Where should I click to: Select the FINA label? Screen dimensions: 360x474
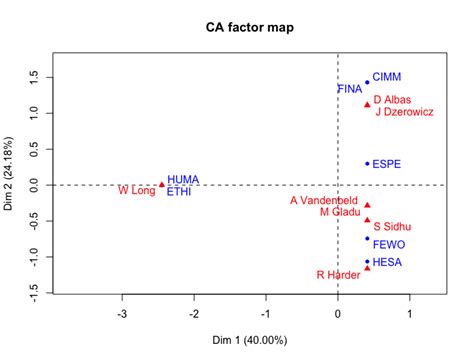[349, 89]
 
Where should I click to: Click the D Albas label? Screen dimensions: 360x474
[391, 100]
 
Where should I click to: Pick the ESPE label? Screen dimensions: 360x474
[388, 163]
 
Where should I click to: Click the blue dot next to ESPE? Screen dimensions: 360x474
[367, 163]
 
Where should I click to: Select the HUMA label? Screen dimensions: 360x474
[183, 179]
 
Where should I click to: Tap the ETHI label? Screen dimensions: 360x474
[181, 191]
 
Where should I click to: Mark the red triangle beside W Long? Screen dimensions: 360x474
[162, 184]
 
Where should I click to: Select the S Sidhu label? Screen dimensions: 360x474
[391, 226]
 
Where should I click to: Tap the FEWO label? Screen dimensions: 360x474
[389, 243]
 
